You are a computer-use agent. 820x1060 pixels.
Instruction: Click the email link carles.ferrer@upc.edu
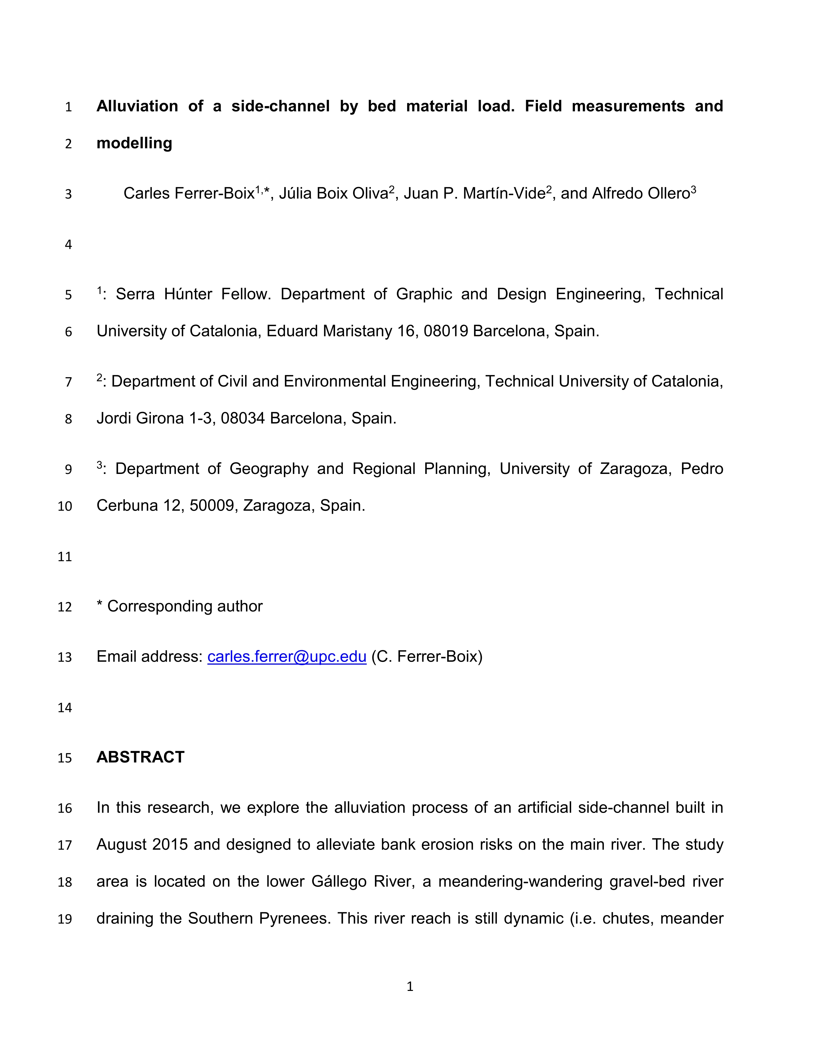click(x=287, y=657)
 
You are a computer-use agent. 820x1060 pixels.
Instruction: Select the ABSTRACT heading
click(x=141, y=757)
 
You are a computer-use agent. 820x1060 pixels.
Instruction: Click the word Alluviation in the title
click(x=137, y=106)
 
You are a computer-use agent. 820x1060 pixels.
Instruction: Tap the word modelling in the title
click(x=134, y=143)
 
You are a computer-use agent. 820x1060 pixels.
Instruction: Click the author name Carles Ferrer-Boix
click(x=189, y=194)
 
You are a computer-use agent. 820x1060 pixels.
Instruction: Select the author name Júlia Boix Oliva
click(x=333, y=194)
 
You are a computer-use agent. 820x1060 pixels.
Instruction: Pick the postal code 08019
click(x=445, y=332)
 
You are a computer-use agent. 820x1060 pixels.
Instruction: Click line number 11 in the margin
click(x=65, y=557)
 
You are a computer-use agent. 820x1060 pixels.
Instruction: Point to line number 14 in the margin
click(x=65, y=708)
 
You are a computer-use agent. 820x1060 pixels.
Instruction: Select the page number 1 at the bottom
click(x=409, y=986)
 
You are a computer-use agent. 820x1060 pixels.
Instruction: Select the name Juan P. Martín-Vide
click(x=475, y=194)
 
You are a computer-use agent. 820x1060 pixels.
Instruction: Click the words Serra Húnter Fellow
click(x=192, y=295)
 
